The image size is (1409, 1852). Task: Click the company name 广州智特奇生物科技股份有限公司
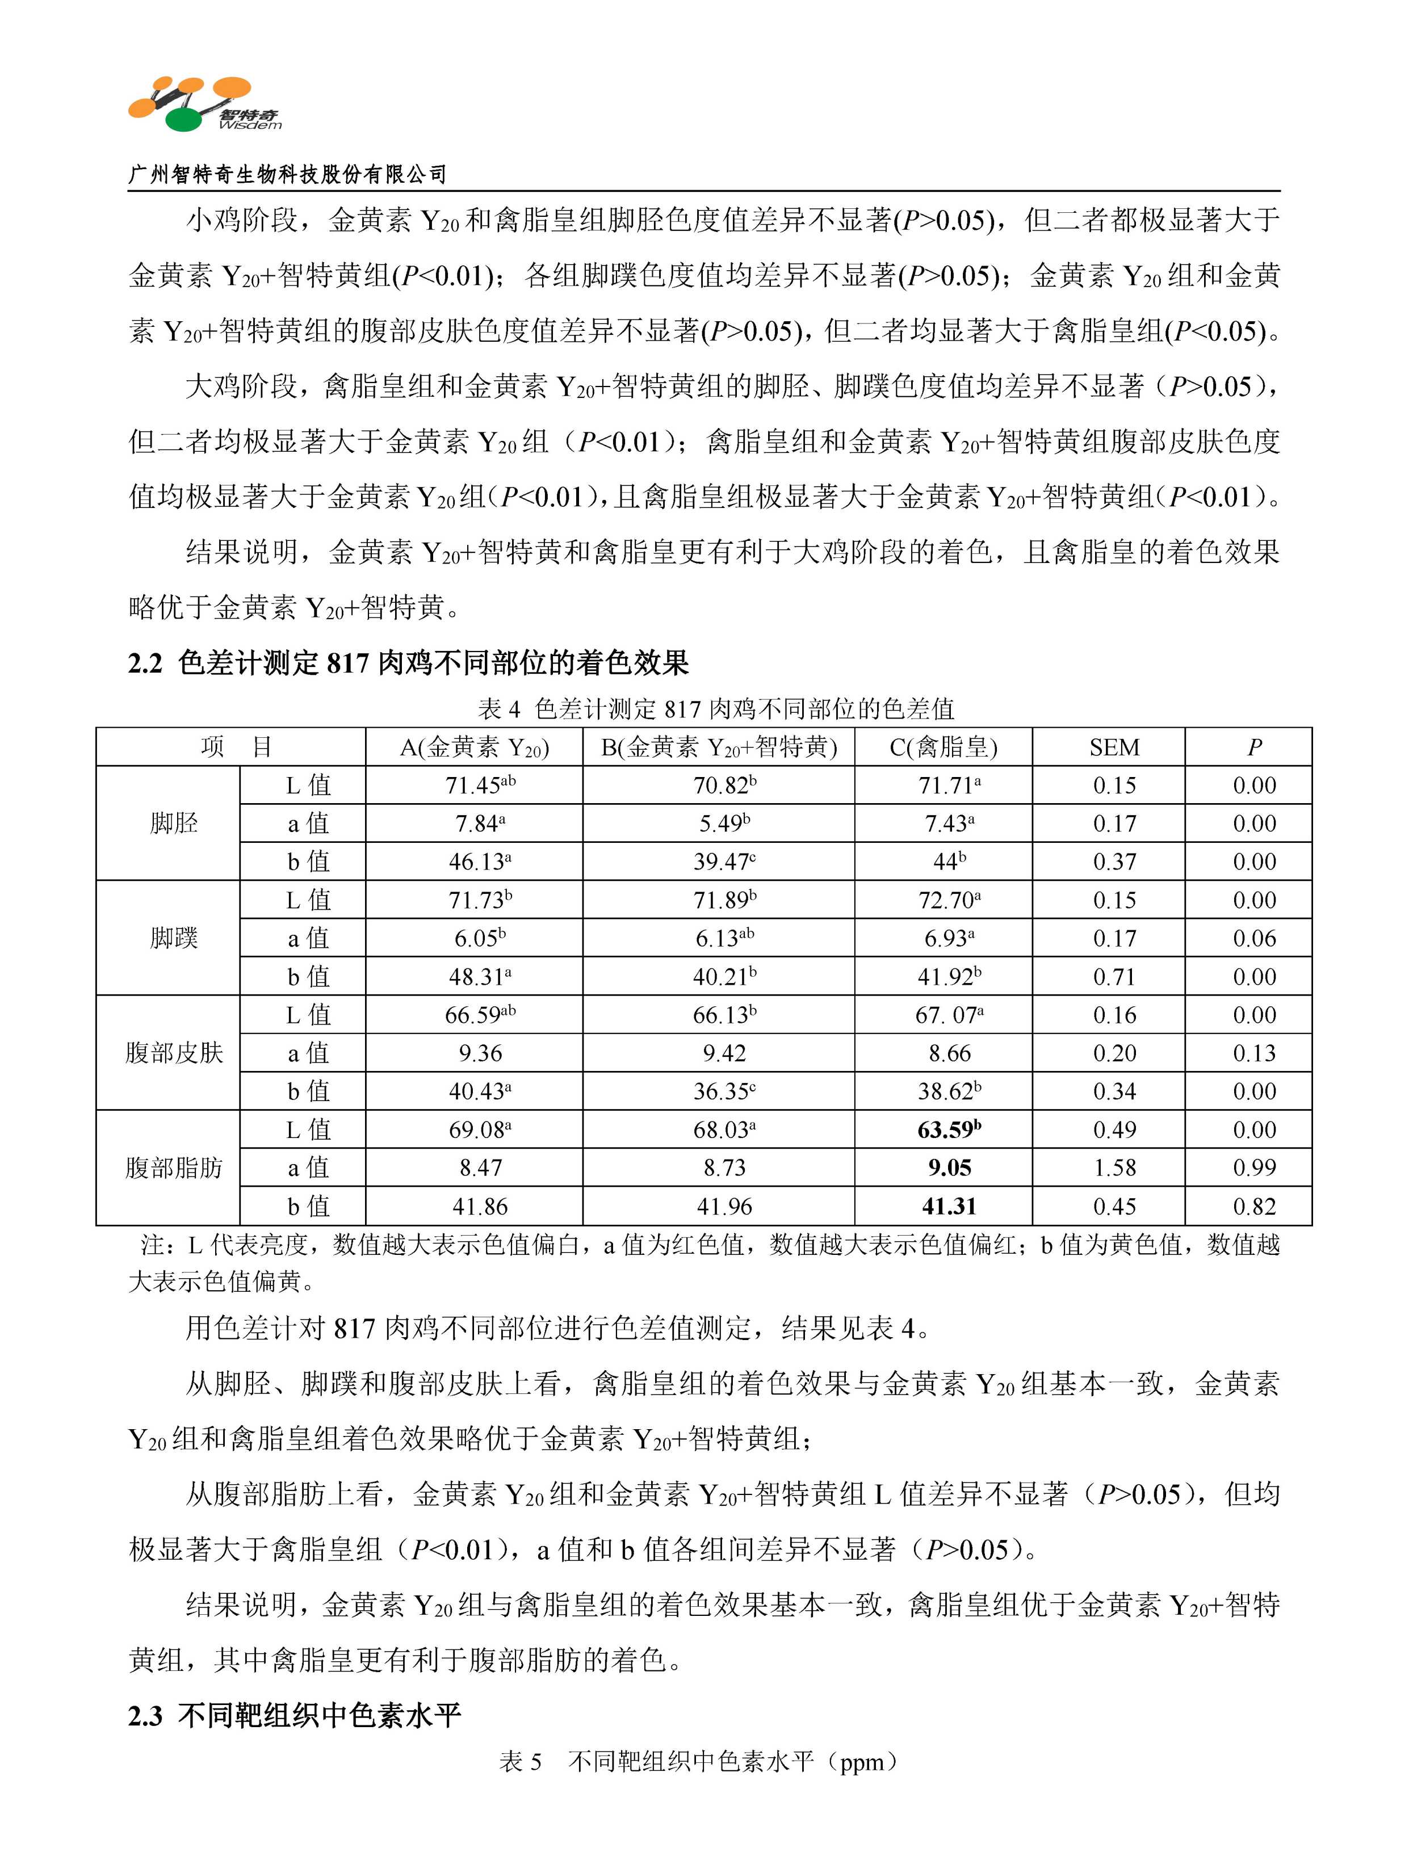click(287, 174)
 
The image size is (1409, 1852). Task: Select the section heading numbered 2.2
click(408, 663)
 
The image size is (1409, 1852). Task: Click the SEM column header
click(1114, 747)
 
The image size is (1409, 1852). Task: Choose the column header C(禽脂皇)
click(943, 747)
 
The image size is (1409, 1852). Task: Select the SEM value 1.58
click(1114, 1168)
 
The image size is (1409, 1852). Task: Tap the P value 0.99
click(1254, 1168)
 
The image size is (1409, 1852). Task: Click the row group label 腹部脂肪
click(174, 1168)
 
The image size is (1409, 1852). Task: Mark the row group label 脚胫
click(174, 824)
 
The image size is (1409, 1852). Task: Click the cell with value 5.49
click(724, 824)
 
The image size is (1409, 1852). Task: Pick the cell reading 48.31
click(481, 977)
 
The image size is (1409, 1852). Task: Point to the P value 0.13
click(1254, 1053)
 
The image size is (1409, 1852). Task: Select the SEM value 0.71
click(1114, 977)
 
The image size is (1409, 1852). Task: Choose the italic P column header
click(1254, 747)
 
